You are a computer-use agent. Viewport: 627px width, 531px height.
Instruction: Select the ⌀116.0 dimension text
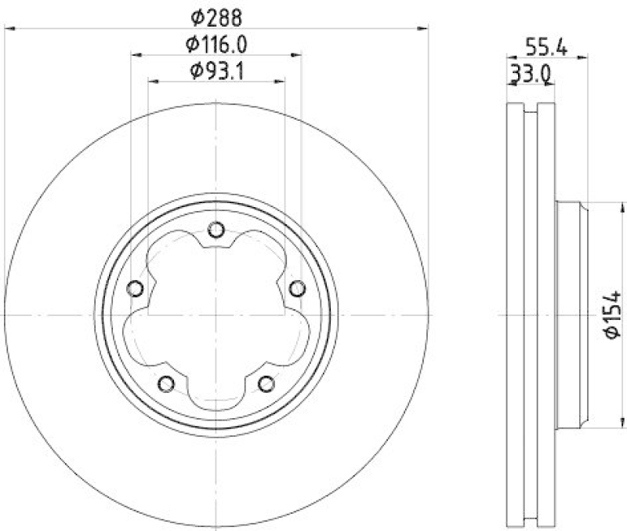coord(216,44)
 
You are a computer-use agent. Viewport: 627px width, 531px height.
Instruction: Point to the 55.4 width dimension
coord(546,46)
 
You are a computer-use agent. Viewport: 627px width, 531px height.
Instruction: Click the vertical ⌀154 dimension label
coord(613,315)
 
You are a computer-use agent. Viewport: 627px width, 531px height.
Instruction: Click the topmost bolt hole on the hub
coord(216,230)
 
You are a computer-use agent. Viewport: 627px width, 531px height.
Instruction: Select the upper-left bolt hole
coord(136,289)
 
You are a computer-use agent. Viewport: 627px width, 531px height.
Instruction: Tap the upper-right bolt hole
coord(296,289)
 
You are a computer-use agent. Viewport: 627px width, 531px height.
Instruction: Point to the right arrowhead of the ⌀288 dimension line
coord(424,29)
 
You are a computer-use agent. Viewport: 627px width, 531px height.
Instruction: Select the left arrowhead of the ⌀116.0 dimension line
coord(136,55)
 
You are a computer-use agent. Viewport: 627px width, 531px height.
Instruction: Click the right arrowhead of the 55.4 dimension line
coord(584,56)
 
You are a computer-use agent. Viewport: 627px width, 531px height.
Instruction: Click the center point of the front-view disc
coord(216,315)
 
